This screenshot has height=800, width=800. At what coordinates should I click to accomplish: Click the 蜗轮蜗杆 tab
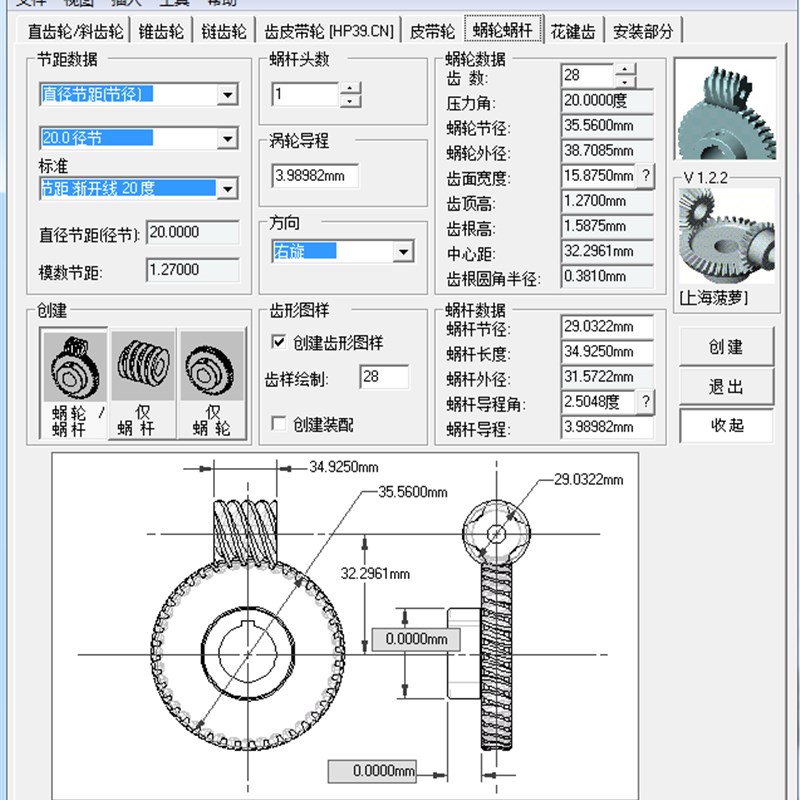[x=504, y=31]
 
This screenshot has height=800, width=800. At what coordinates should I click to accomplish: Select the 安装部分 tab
[x=643, y=31]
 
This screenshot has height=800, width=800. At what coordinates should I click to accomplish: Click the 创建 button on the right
[x=726, y=347]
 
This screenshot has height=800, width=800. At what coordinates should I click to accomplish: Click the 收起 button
[x=726, y=425]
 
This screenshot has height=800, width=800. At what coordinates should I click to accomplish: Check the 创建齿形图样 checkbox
[x=280, y=343]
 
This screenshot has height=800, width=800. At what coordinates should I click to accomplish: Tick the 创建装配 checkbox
[x=280, y=424]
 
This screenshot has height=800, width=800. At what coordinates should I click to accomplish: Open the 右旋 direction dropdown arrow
[x=403, y=252]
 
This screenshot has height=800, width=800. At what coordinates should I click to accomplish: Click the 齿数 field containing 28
[x=587, y=76]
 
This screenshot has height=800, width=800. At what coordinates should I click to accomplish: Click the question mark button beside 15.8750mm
[x=646, y=177]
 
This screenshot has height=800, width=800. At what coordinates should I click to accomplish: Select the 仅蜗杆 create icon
[x=142, y=385]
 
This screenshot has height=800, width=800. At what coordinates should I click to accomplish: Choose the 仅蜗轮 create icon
[x=211, y=385]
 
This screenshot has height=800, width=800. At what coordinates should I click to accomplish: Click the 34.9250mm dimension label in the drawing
[x=344, y=467]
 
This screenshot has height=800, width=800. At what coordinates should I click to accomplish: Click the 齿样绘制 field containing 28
[x=384, y=377]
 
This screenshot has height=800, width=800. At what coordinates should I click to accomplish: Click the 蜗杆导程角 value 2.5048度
[x=598, y=402]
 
